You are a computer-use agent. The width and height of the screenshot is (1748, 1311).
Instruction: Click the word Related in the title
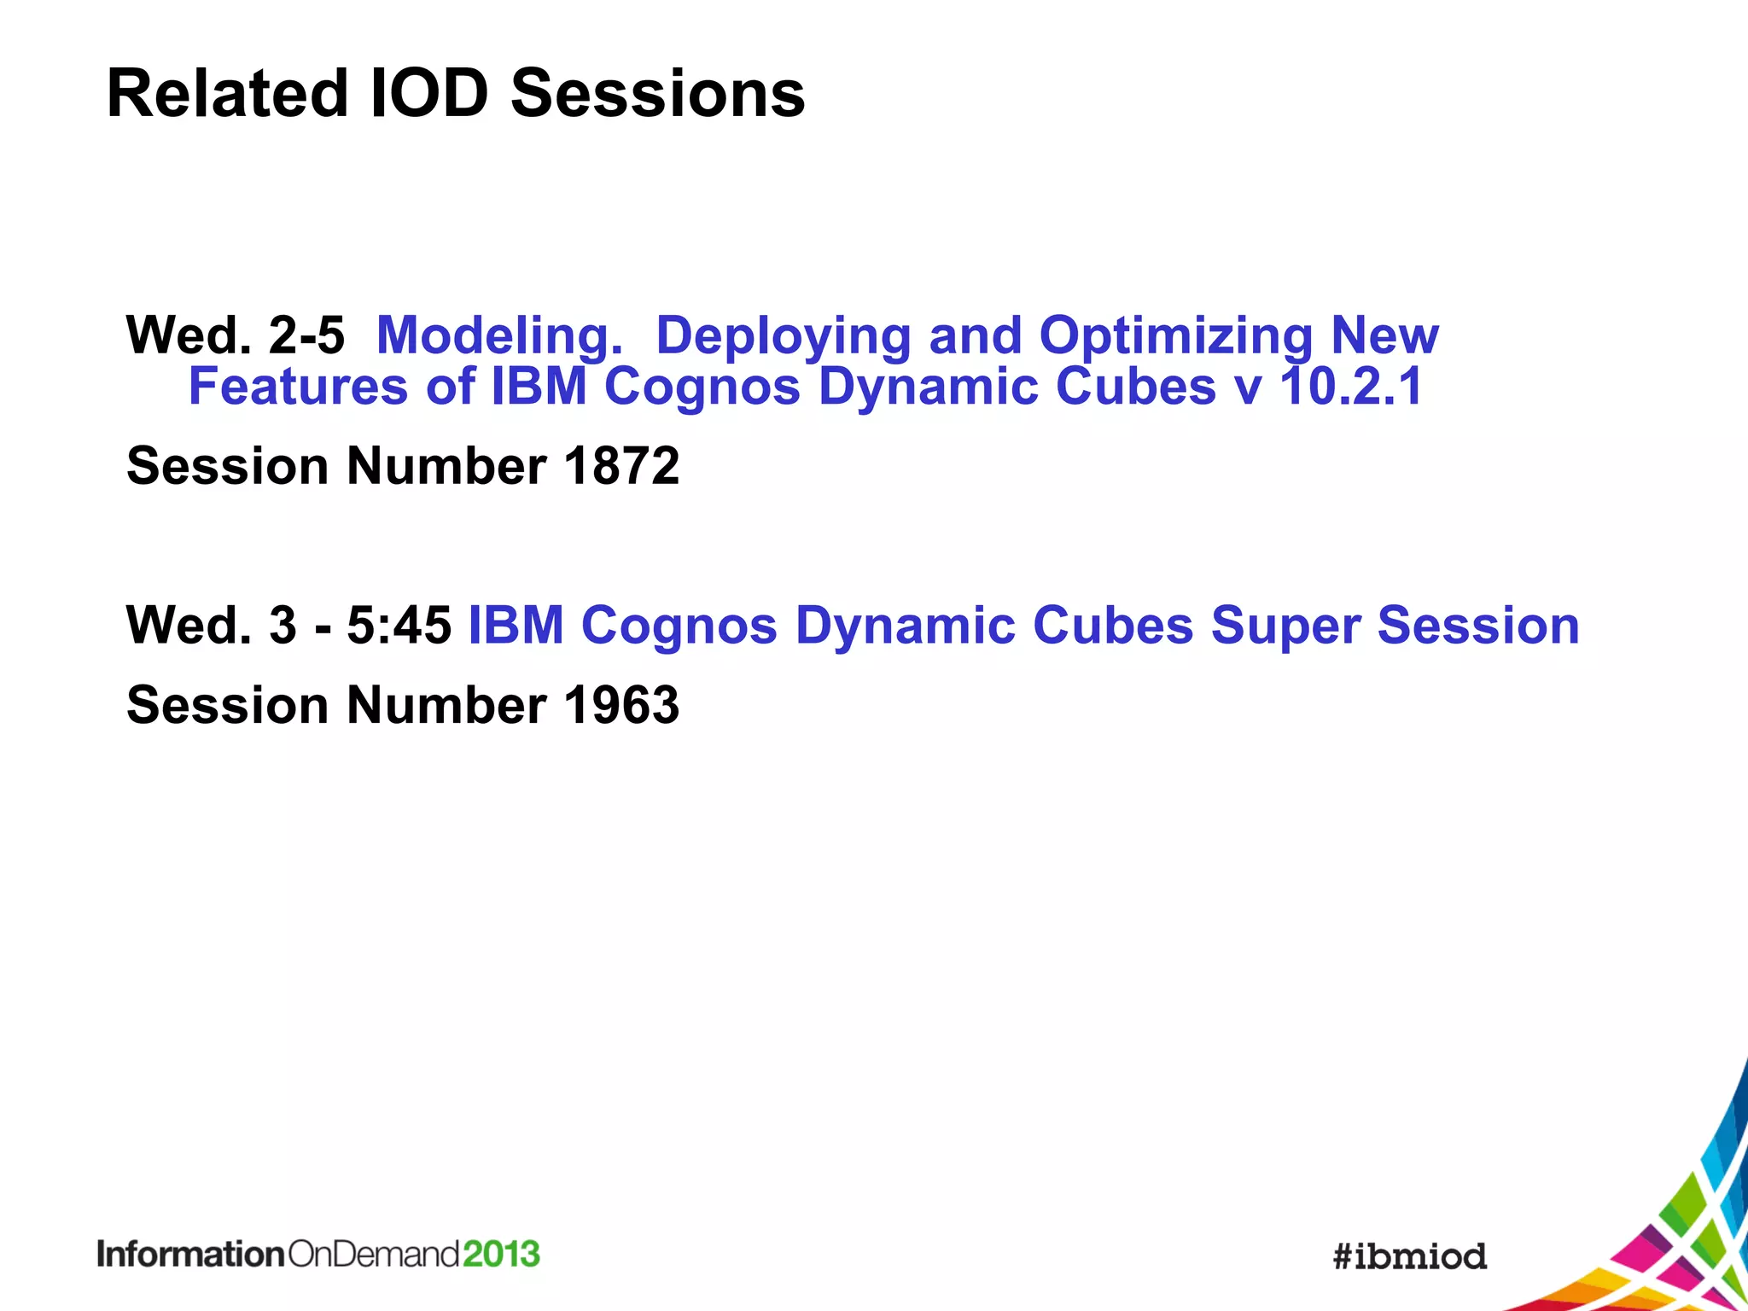click(227, 93)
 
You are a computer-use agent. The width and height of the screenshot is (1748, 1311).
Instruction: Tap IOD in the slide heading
click(429, 93)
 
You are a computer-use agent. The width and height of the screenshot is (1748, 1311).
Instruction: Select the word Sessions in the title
click(657, 93)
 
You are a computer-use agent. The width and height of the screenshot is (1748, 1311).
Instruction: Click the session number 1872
click(621, 466)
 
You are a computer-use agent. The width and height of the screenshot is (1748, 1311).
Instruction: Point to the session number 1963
click(621, 705)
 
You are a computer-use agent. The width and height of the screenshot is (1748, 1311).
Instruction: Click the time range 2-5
click(306, 335)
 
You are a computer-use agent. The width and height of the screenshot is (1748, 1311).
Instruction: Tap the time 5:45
click(399, 625)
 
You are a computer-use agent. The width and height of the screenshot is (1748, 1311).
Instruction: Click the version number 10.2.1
click(1351, 387)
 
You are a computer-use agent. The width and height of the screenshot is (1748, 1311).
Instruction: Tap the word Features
click(298, 387)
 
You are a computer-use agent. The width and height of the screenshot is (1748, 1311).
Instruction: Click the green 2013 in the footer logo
click(501, 1254)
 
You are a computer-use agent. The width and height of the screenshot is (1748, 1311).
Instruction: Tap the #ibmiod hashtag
click(1409, 1256)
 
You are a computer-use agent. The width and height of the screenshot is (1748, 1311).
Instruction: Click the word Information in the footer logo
click(190, 1254)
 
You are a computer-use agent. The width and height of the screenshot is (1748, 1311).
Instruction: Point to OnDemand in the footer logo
click(374, 1254)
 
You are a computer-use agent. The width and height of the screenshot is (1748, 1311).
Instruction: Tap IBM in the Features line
click(539, 387)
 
